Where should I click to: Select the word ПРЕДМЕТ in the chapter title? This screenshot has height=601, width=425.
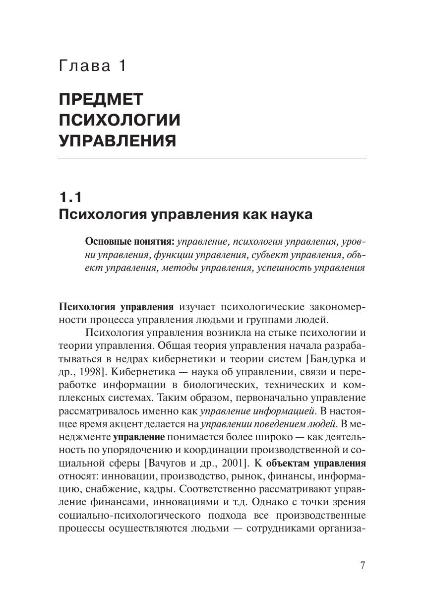[101, 99]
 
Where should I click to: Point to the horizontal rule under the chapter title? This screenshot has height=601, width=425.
[212, 158]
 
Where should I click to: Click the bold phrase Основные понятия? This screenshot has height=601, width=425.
[130, 242]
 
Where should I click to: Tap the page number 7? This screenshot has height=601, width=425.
[363, 565]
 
